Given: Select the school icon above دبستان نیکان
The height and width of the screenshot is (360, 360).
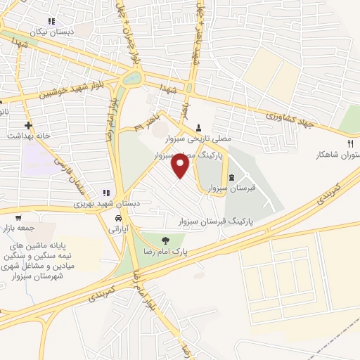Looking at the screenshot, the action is tap(51, 22).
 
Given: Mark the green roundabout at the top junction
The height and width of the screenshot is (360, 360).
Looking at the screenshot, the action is tap(130, 78).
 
